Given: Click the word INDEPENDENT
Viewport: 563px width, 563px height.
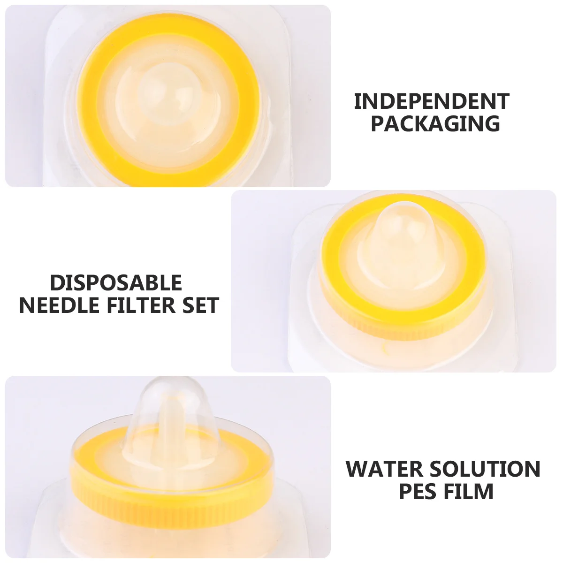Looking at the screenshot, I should (432, 101).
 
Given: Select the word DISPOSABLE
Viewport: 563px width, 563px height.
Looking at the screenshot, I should (116, 283).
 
